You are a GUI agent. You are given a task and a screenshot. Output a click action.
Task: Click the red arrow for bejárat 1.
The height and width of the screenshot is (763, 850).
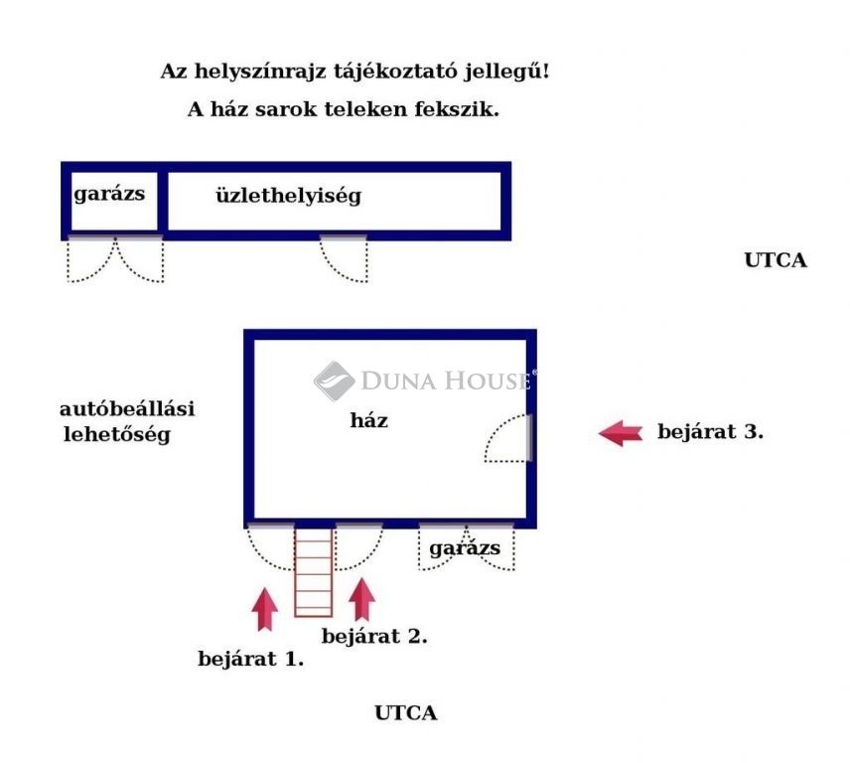pyautogui.click(x=264, y=609)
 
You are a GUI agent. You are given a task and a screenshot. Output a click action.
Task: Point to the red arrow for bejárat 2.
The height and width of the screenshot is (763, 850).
pyautogui.click(x=361, y=599)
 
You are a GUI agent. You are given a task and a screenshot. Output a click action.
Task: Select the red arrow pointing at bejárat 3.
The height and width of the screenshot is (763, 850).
pyautogui.click(x=621, y=433)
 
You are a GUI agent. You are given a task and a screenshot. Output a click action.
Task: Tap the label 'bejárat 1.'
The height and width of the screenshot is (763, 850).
pyautogui.click(x=250, y=659)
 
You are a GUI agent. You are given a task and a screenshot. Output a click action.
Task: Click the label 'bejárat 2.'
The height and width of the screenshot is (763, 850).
pyautogui.click(x=374, y=636)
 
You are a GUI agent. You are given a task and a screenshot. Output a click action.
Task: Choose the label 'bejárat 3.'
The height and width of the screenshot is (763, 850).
pyautogui.click(x=710, y=431)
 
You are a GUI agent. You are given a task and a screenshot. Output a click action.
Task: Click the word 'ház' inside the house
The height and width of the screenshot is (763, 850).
pyautogui.click(x=369, y=420)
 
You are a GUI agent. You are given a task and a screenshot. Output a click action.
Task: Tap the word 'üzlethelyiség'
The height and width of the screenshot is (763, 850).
pyautogui.click(x=288, y=196)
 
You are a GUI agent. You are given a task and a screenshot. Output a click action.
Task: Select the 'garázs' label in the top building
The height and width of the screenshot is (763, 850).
pyautogui.click(x=109, y=194)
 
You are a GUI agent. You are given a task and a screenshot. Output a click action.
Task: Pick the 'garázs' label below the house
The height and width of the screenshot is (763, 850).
pyautogui.click(x=465, y=548)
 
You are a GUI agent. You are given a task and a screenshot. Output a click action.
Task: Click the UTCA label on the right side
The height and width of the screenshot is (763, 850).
pyautogui.click(x=776, y=260)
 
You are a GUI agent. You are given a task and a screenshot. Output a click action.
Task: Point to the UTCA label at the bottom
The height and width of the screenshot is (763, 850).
pyautogui.click(x=405, y=712)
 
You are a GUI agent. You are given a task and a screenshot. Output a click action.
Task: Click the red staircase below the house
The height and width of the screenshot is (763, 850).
pyautogui.click(x=314, y=572)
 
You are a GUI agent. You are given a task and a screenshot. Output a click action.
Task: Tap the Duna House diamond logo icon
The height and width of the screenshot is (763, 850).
pyautogui.click(x=335, y=381)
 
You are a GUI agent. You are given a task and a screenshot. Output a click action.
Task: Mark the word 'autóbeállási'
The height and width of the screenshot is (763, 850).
pyautogui.click(x=127, y=409)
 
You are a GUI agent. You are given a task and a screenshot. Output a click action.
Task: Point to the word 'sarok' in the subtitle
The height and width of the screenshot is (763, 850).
pyautogui.click(x=286, y=109)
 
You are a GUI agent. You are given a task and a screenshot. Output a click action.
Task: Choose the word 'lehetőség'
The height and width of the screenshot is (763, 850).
pyautogui.click(x=117, y=434)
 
